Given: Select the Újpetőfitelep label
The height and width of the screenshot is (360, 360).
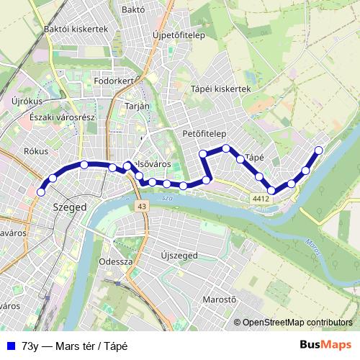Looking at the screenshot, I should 179,34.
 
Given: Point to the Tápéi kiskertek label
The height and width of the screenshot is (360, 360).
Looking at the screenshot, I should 220,89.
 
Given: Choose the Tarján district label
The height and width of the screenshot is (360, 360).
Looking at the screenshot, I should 138,105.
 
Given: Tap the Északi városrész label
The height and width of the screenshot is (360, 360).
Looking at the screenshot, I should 57,116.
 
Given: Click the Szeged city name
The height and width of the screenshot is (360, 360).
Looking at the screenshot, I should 70,207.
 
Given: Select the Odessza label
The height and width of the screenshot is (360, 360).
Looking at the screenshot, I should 116,261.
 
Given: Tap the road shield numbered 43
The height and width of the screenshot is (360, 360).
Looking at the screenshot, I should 140,207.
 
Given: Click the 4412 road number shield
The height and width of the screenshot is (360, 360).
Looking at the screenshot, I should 261,198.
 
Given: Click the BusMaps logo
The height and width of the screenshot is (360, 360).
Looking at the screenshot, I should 325,345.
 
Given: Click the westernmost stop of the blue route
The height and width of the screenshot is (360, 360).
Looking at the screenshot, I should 41,192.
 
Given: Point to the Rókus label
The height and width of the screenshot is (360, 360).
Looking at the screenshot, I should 35,152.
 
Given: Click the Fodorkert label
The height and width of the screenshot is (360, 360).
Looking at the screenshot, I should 114,81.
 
